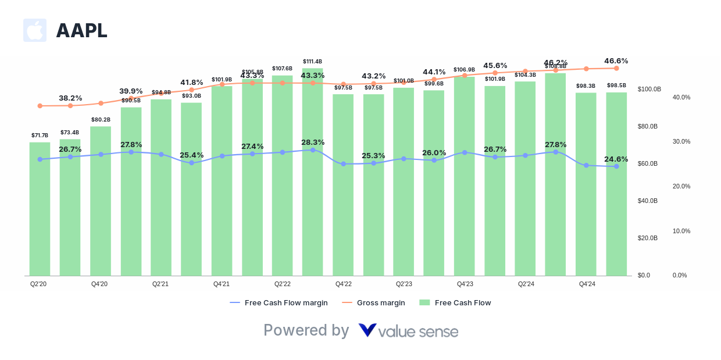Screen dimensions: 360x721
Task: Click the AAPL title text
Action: pyautogui.click(x=81, y=31)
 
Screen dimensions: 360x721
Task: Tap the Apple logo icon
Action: pyautogui.click(x=35, y=30)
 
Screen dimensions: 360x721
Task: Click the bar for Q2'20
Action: pyautogui.click(x=40, y=209)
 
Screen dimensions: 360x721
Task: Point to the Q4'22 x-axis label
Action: pyautogui.click(x=343, y=284)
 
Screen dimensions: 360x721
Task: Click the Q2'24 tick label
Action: pyautogui.click(x=526, y=284)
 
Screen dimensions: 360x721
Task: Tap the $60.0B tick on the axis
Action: pyautogui.click(x=648, y=164)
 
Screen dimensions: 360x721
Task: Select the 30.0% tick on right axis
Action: pyautogui.click(x=681, y=142)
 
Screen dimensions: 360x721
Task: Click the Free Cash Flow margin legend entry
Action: pyautogui.click(x=286, y=302)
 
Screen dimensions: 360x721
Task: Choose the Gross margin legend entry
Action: pyautogui.click(x=381, y=302)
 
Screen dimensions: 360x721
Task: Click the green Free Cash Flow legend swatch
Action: pyautogui.click(x=424, y=302)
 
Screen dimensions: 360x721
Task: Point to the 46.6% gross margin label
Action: pyautogui.click(x=616, y=61)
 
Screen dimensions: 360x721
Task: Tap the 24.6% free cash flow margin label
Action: pyautogui.click(x=616, y=159)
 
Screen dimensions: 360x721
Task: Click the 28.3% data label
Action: pyautogui.click(x=313, y=142)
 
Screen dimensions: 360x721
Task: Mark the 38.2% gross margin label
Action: pyautogui.click(x=70, y=98)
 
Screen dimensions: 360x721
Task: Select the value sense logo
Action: pyautogui.click(x=408, y=331)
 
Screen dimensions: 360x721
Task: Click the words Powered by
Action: pyautogui.click(x=306, y=330)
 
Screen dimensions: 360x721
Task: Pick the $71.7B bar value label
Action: pyautogui.click(x=40, y=136)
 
